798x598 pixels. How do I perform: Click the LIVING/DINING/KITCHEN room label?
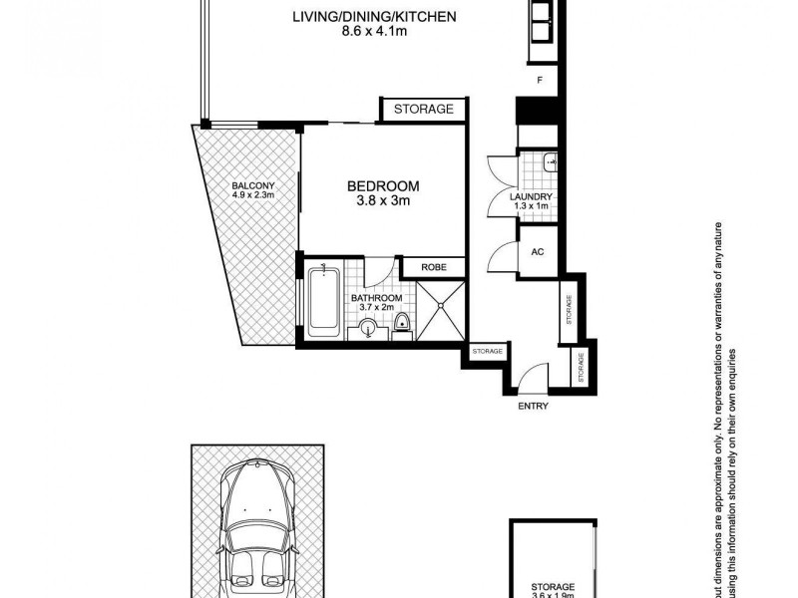360,16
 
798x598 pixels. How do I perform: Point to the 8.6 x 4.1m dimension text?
360,32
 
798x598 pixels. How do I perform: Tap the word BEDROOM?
383,185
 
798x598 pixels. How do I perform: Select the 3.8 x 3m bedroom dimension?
383,201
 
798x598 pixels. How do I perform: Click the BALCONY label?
252,184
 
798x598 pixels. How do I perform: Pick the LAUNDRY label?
530,197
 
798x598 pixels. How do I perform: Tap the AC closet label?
536,251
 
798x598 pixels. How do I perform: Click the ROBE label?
433,267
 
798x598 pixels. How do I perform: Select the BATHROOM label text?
376,298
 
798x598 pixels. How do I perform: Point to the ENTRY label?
533,406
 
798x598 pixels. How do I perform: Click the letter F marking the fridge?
539,79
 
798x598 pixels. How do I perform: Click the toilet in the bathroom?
403,324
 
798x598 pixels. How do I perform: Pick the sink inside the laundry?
552,163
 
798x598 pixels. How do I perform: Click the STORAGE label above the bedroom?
423,109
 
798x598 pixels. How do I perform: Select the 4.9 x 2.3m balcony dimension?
252,195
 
